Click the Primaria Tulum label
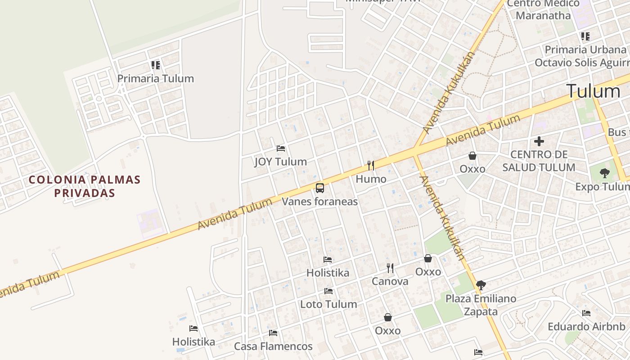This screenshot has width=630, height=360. [155, 78]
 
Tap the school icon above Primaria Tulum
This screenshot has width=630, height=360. [155, 65]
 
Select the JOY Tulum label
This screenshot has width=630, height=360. [280, 162]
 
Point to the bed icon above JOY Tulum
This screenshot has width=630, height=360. [281, 148]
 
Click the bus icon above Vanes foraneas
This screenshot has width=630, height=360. [319, 188]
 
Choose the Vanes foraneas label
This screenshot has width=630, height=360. [319, 201]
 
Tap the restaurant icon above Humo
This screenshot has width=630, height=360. [371, 166]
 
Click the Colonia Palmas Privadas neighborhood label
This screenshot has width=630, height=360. [85, 186]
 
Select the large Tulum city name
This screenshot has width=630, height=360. [593, 91]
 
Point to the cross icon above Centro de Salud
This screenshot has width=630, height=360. [539, 141]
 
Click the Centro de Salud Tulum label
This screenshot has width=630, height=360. [539, 161]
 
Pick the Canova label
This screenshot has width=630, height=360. [390, 281]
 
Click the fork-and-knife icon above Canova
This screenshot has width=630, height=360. [390, 268]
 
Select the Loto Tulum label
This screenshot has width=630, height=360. [328, 304]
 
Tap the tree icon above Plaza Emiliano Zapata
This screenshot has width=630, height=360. [481, 285]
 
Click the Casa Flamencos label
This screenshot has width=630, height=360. [273, 346]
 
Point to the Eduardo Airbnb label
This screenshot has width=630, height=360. [586, 327]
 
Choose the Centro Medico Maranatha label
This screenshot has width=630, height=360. [543, 9]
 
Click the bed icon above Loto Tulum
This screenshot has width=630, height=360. [328, 291]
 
